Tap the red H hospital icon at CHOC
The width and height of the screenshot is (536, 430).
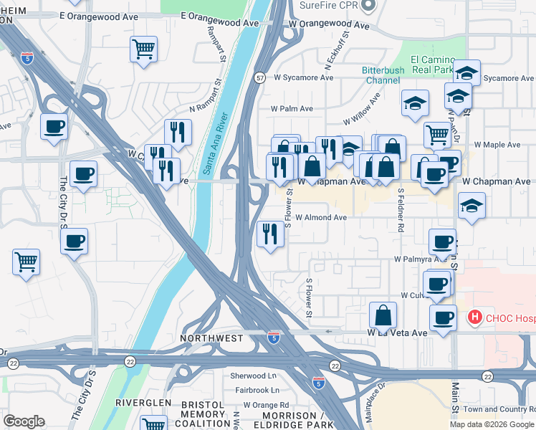[x=474, y=316]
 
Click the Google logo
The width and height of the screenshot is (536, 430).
[x=24, y=421]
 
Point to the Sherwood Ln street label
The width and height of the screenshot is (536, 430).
[x=253, y=376]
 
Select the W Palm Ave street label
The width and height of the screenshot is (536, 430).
[x=292, y=109]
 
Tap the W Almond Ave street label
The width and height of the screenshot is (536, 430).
[x=321, y=217]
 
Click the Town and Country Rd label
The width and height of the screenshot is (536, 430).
[x=499, y=409]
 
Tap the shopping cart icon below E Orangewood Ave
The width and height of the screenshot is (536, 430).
[x=144, y=49]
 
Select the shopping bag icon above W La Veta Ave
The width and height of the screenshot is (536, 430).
[x=383, y=315]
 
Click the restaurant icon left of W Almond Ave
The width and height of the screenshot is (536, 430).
[x=270, y=234]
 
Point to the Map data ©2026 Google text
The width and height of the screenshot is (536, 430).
[x=492, y=424]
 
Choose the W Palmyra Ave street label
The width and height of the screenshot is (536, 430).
[x=417, y=259]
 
